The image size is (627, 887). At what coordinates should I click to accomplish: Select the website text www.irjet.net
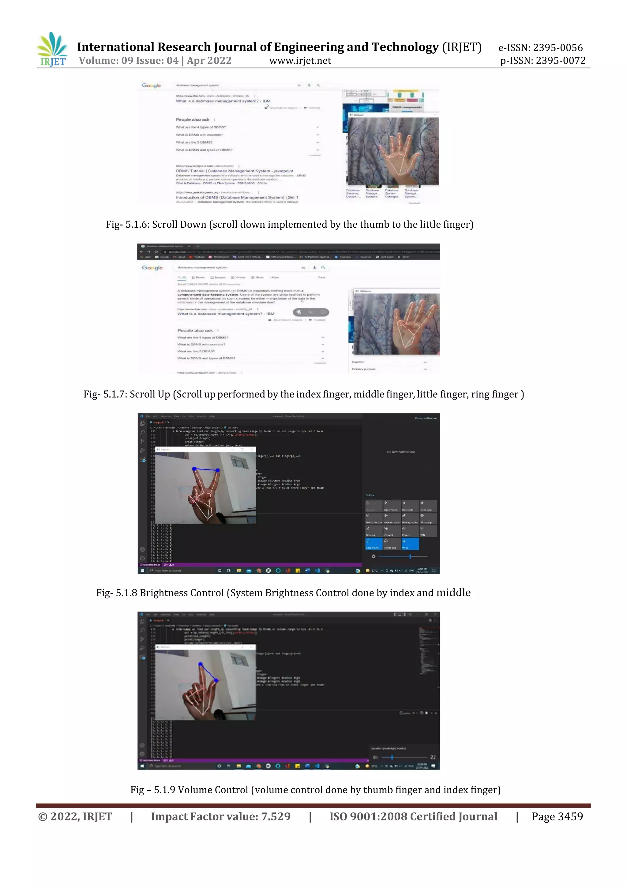[300, 61]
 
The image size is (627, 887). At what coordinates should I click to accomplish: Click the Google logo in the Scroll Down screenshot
[151, 85]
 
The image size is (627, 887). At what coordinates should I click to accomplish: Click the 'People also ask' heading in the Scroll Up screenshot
[195, 330]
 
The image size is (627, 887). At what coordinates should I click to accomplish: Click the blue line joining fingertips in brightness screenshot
[206, 470]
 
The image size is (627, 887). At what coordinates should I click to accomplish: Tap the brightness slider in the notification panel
[403, 556]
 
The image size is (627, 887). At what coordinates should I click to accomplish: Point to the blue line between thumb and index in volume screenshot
[208, 672]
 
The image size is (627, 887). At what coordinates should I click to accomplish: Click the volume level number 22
[433, 757]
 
